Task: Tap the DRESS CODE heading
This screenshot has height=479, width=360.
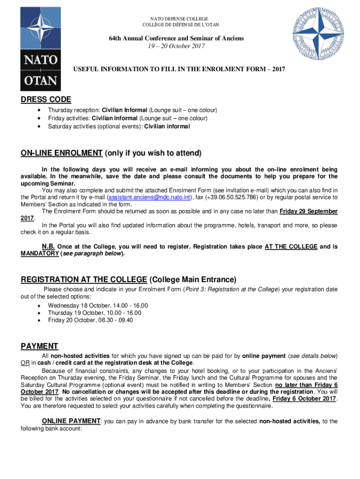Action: point(46,99)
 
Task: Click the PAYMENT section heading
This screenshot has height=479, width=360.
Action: point(39,346)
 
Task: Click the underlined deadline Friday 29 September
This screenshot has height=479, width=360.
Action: point(309,211)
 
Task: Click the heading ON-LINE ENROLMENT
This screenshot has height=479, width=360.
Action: point(61,153)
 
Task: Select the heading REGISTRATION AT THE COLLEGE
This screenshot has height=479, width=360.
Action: point(84,279)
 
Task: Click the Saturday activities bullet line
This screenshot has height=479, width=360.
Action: point(119,126)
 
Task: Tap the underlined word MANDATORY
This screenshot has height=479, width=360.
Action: point(40,254)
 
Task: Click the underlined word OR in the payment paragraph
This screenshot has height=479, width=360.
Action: point(25,363)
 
